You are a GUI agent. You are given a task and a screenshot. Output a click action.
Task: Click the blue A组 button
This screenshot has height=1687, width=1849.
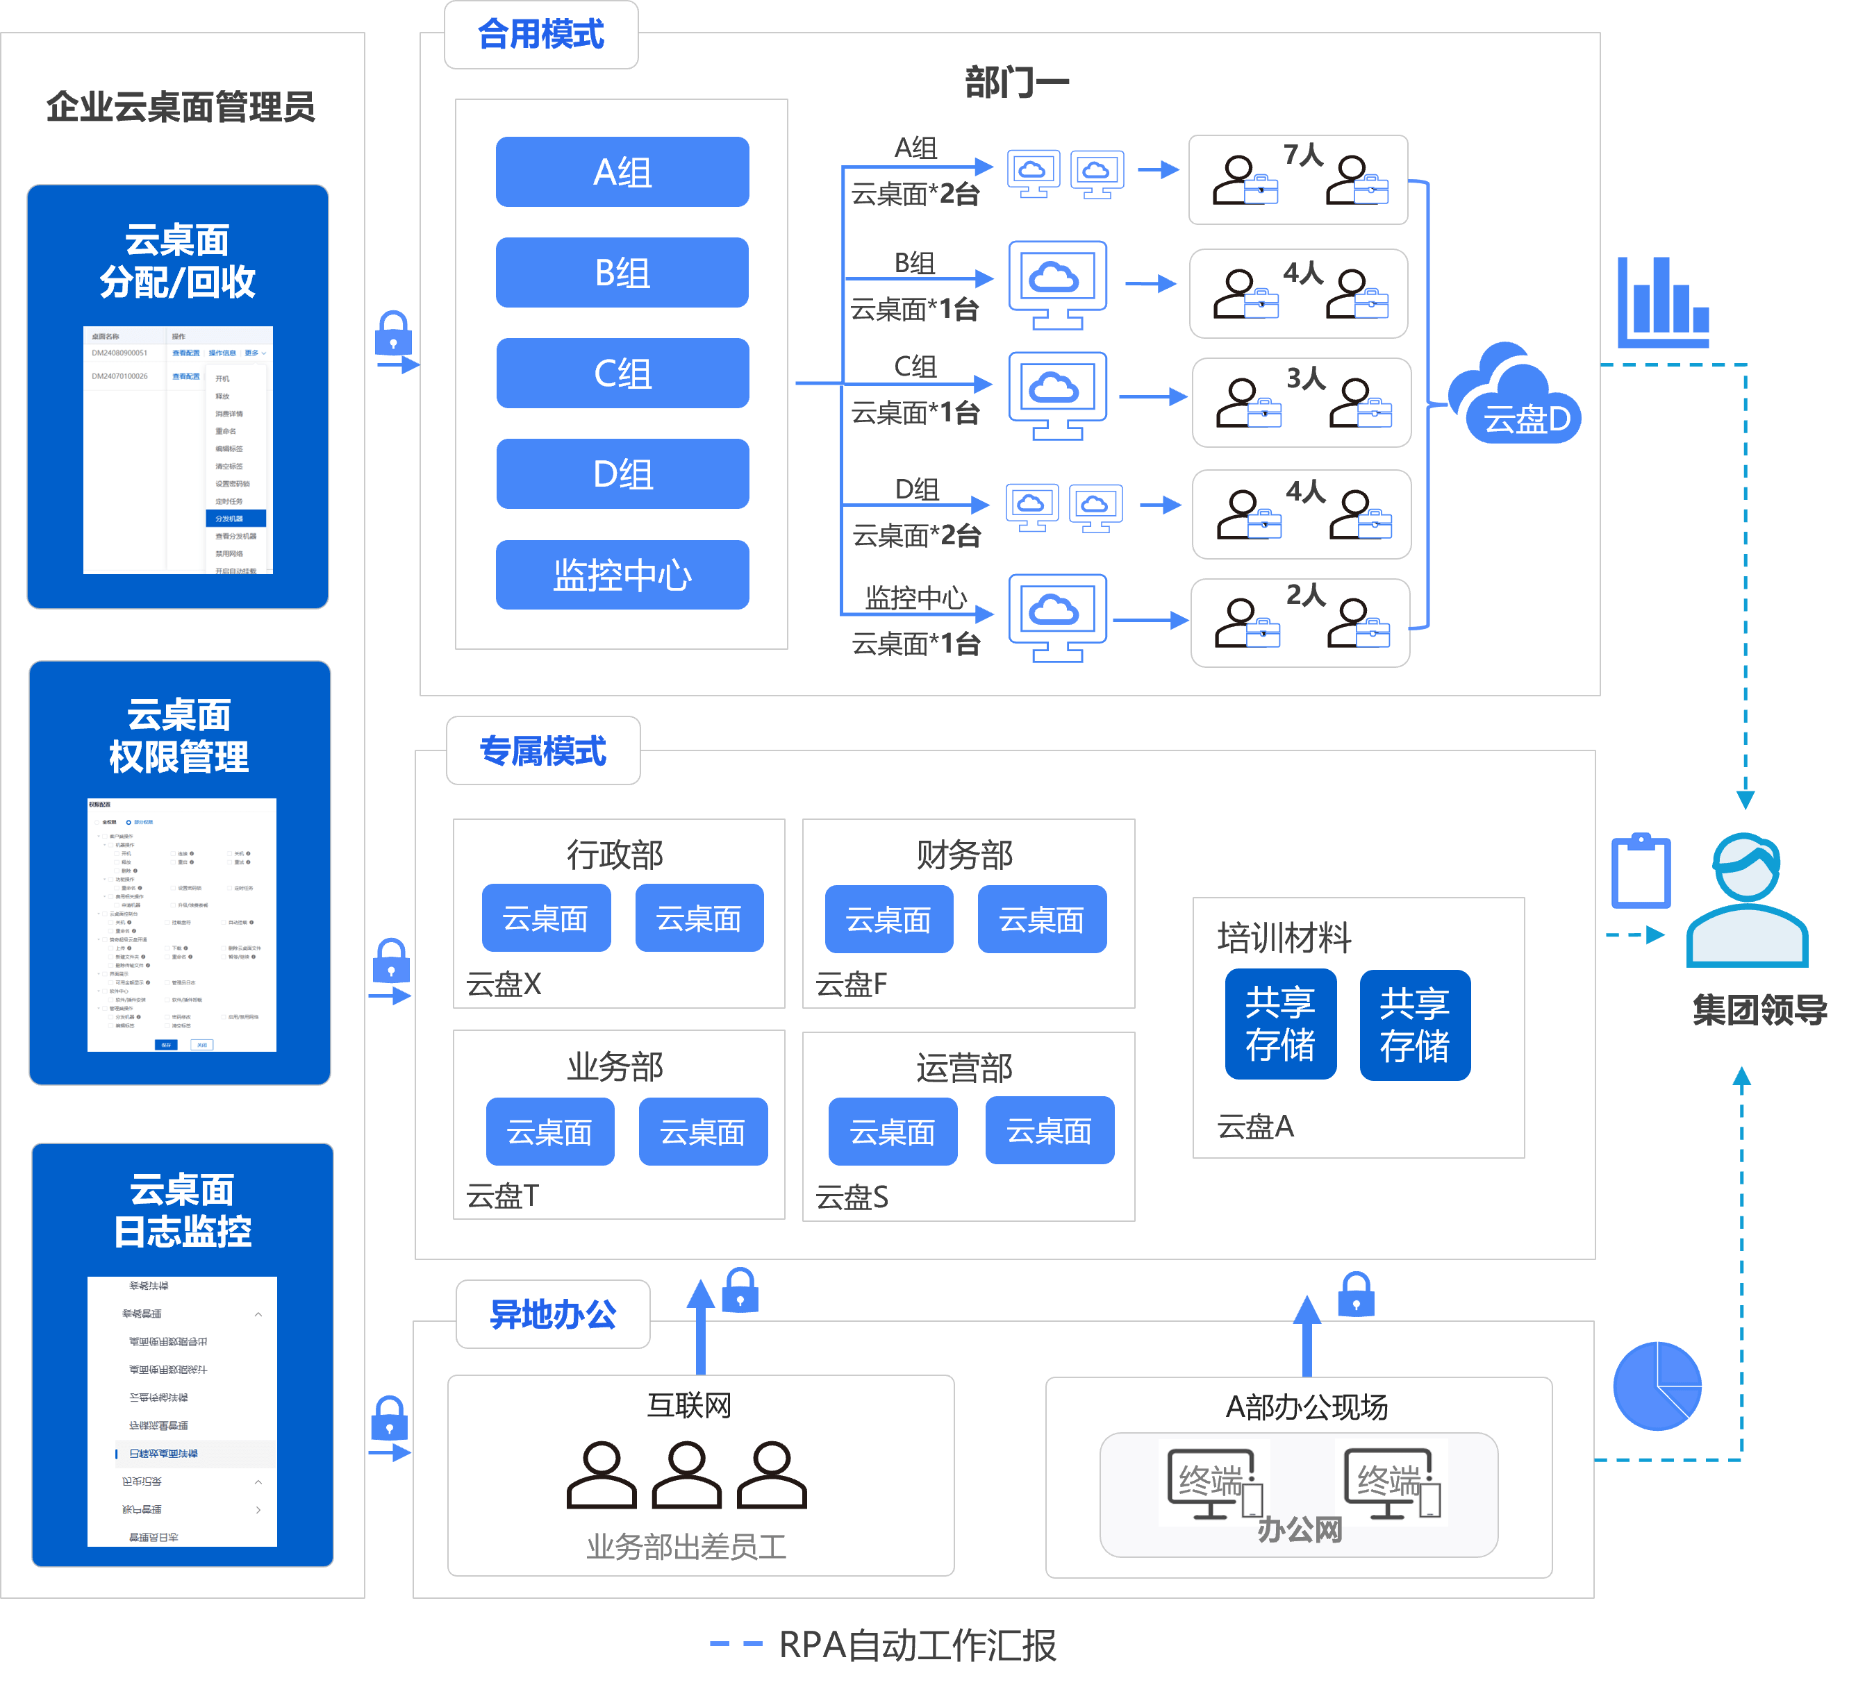click(x=622, y=172)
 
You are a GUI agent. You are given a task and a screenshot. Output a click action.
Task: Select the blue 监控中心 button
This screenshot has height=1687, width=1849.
click(x=622, y=575)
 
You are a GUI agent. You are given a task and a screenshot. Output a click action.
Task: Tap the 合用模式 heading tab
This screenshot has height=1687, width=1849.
click(x=541, y=35)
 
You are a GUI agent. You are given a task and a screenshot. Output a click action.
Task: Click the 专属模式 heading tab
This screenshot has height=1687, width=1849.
click(x=543, y=751)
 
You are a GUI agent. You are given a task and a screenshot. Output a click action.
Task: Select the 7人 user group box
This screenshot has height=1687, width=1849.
click(x=1297, y=180)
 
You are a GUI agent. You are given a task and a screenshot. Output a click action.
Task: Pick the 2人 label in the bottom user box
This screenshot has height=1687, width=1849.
click(x=1306, y=596)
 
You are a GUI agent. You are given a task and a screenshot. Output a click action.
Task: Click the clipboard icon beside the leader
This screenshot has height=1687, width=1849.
click(x=1641, y=872)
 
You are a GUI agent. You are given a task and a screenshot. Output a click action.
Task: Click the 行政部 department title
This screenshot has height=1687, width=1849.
click(x=615, y=855)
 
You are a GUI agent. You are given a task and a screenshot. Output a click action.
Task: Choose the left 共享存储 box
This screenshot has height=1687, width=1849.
click(x=1280, y=1024)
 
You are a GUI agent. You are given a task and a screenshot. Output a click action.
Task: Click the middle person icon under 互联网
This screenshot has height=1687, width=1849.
click(x=687, y=1475)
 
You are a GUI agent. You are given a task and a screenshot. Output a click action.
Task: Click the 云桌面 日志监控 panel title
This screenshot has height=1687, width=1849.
click(x=183, y=1210)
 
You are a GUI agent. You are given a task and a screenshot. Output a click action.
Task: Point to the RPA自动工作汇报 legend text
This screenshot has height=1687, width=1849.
click(x=917, y=1645)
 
